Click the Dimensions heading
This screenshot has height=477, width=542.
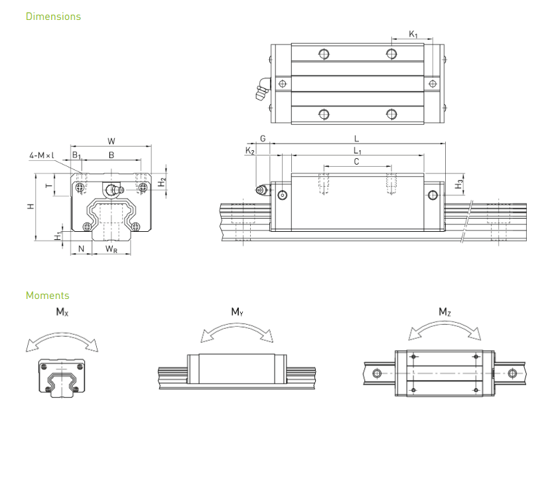(53, 16)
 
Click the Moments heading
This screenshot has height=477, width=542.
(47, 295)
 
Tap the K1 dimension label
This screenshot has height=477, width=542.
(413, 34)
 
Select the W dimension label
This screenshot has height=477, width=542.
(111, 141)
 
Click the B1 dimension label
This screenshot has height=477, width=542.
(76, 155)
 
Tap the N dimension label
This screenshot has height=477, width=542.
(81, 249)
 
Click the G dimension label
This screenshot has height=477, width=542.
(263, 139)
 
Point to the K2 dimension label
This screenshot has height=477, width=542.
(250, 151)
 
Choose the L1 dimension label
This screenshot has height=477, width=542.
(358, 151)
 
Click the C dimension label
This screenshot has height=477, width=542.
(356, 161)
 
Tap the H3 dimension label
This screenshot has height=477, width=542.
(460, 183)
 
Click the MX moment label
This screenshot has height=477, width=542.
(60, 312)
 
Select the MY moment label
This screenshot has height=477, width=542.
(237, 312)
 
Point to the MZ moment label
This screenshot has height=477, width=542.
(444, 312)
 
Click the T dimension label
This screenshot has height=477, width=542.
(48, 186)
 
